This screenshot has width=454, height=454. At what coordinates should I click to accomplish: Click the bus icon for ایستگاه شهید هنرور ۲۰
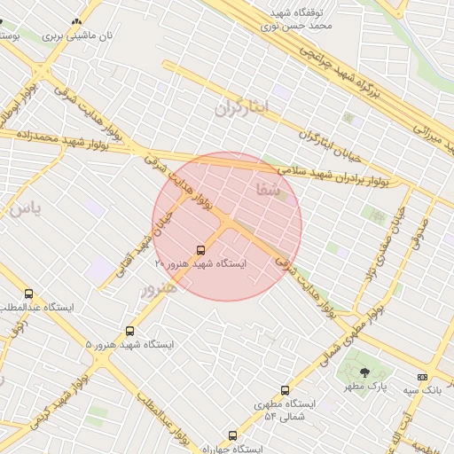click(200, 250)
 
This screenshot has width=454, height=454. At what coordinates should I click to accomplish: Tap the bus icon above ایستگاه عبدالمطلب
click(29, 294)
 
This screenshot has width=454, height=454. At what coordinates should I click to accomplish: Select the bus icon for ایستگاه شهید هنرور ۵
click(130, 331)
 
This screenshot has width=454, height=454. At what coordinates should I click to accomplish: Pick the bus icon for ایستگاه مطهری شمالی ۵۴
click(285, 390)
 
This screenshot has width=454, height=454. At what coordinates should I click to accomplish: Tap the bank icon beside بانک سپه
click(421, 377)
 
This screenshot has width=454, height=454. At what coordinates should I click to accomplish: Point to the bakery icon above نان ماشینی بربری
click(77, 22)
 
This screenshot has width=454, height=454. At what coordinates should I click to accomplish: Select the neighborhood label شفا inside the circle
click(267, 189)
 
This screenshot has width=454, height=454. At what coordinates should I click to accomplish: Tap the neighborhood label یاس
click(23, 210)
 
